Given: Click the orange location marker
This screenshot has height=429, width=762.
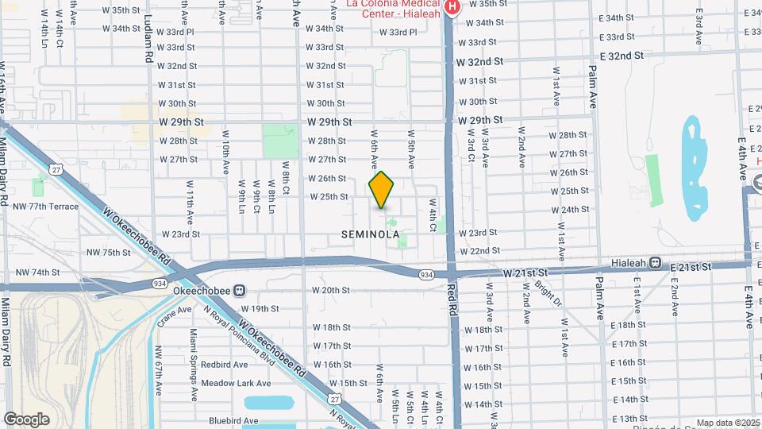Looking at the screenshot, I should pyautogui.click(x=381, y=191).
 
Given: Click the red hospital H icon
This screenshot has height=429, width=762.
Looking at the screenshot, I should pyautogui.click(x=452, y=6).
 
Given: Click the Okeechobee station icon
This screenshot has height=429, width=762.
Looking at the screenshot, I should pyautogui.click(x=239, y=290).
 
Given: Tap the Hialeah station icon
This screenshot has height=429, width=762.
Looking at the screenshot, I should pyautogui.click(x=656, y=263).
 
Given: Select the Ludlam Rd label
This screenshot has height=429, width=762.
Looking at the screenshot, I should pyautogui.click(x=148, y=44).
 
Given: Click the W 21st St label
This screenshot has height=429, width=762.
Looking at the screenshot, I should pyautogui.click(x=526, y=272).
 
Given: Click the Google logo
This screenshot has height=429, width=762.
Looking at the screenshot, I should pyautogui.click(x=26, y=419).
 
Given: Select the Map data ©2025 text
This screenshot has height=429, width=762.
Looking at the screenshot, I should pyautogui.click(x=727, y=423).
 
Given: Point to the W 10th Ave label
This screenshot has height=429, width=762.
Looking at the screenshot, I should pyautogui.click(x=225, y=154).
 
